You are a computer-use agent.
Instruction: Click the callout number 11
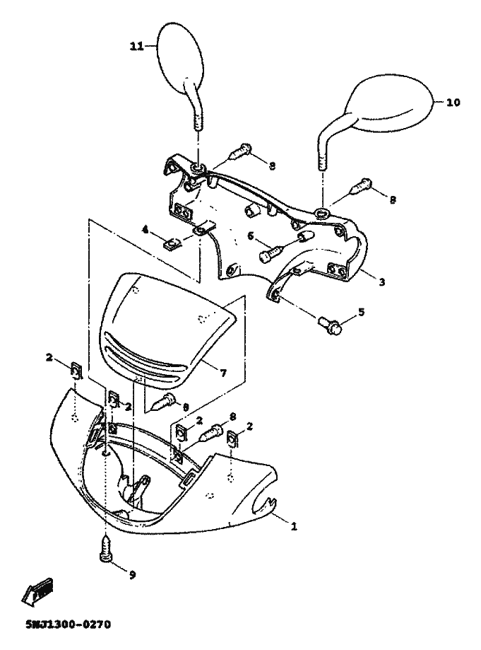point(136,47)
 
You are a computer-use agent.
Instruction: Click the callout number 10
point(453,103)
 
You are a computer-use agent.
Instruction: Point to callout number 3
point(381,282)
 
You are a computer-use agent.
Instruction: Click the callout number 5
point(362,312)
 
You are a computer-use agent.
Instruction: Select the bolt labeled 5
point(331,325)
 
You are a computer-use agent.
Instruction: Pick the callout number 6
point(251,236)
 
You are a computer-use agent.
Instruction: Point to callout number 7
point(223,373)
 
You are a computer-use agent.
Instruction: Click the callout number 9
point(132,574)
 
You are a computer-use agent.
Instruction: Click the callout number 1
point(294,527)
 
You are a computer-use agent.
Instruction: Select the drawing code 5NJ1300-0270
point(69,625)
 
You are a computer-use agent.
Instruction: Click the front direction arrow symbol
point(37,590)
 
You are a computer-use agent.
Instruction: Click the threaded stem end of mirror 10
point(323,161)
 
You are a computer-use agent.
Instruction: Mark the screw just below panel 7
point(164,402)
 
